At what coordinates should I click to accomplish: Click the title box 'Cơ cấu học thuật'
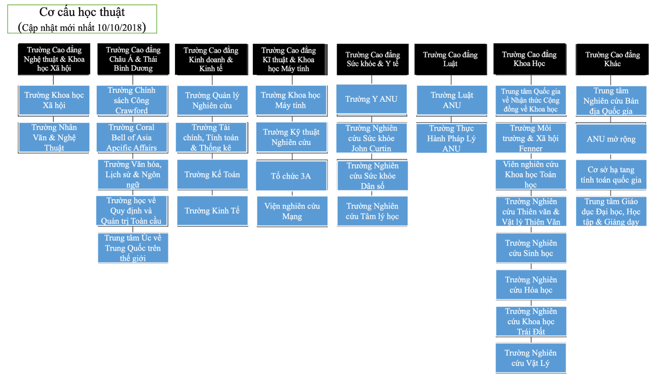(x=82, y=19)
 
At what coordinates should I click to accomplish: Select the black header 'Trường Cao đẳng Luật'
(x=451, y=59)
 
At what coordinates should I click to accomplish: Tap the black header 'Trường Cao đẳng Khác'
(x=612, y=59)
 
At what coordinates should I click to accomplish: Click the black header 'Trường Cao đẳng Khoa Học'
(x=529, y=59)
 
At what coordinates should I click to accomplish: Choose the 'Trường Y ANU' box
(x=371, y=99)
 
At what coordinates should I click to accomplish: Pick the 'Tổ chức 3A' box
(x=291, y=176)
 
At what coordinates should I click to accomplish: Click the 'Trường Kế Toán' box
(x=212, y=174)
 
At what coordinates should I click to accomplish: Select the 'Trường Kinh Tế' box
(x=212, y=211)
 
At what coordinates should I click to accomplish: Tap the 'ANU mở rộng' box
(x=611, y=139)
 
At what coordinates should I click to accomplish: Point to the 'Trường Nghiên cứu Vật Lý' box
(x=531, y=358)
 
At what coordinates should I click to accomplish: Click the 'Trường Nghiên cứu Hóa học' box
(x=531, y=284)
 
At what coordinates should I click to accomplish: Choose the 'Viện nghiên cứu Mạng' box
(x=292, y=211)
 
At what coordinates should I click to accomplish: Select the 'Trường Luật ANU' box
(x=452, y=100)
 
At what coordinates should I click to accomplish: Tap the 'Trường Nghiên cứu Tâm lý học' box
(x=372, y=211)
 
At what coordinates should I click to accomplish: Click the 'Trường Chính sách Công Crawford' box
(x=131, y=100)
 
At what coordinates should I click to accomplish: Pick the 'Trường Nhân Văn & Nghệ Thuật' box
(x=54, y=137)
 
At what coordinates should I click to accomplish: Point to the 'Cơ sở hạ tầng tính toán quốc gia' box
(x=611, y=174)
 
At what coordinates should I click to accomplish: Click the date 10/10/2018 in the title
(x=119, y=28)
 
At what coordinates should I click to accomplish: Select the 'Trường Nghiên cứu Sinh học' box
(x=531, y=248)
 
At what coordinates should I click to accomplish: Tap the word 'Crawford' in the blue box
(x=131, y=111)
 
